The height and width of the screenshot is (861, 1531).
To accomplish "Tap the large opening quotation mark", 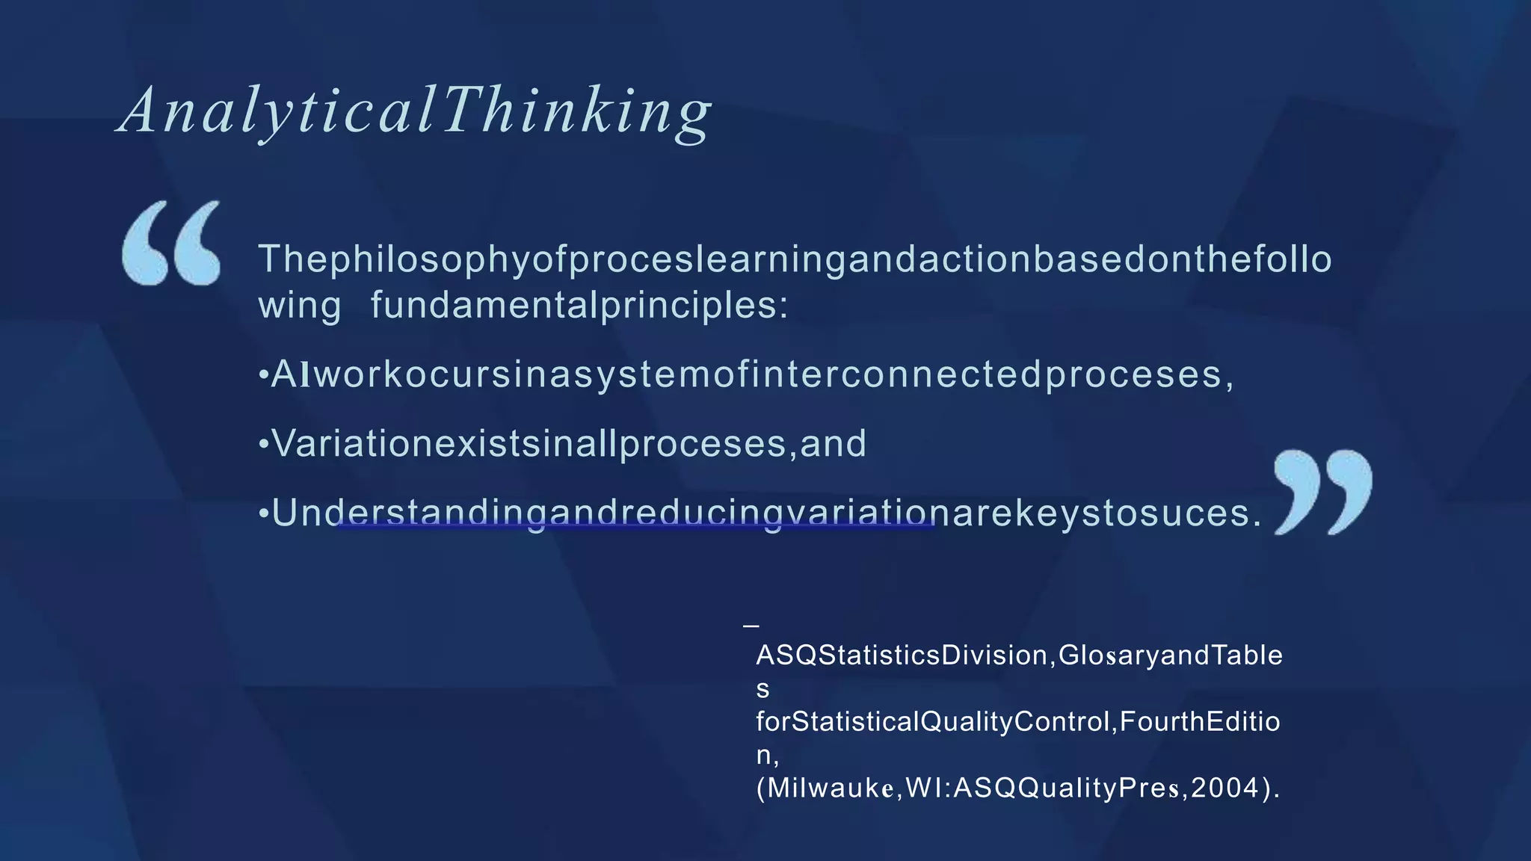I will [172, 243].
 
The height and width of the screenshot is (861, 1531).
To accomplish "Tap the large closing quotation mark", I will [1322, 492].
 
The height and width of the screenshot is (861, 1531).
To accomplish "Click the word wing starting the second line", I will [299, 306].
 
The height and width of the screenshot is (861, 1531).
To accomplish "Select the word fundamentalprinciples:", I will [579, 305].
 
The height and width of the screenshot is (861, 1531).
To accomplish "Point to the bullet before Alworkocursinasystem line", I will [263, 375].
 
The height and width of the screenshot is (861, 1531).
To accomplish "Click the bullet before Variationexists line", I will [263, 445].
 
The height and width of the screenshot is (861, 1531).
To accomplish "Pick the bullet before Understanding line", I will [263, 514].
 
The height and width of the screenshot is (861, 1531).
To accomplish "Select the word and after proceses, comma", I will [834, 444].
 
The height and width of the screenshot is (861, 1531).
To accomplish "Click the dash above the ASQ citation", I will [751, 625].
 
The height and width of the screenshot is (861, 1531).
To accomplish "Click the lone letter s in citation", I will [763, 689].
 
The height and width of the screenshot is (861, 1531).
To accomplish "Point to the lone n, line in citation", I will [766, 756].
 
